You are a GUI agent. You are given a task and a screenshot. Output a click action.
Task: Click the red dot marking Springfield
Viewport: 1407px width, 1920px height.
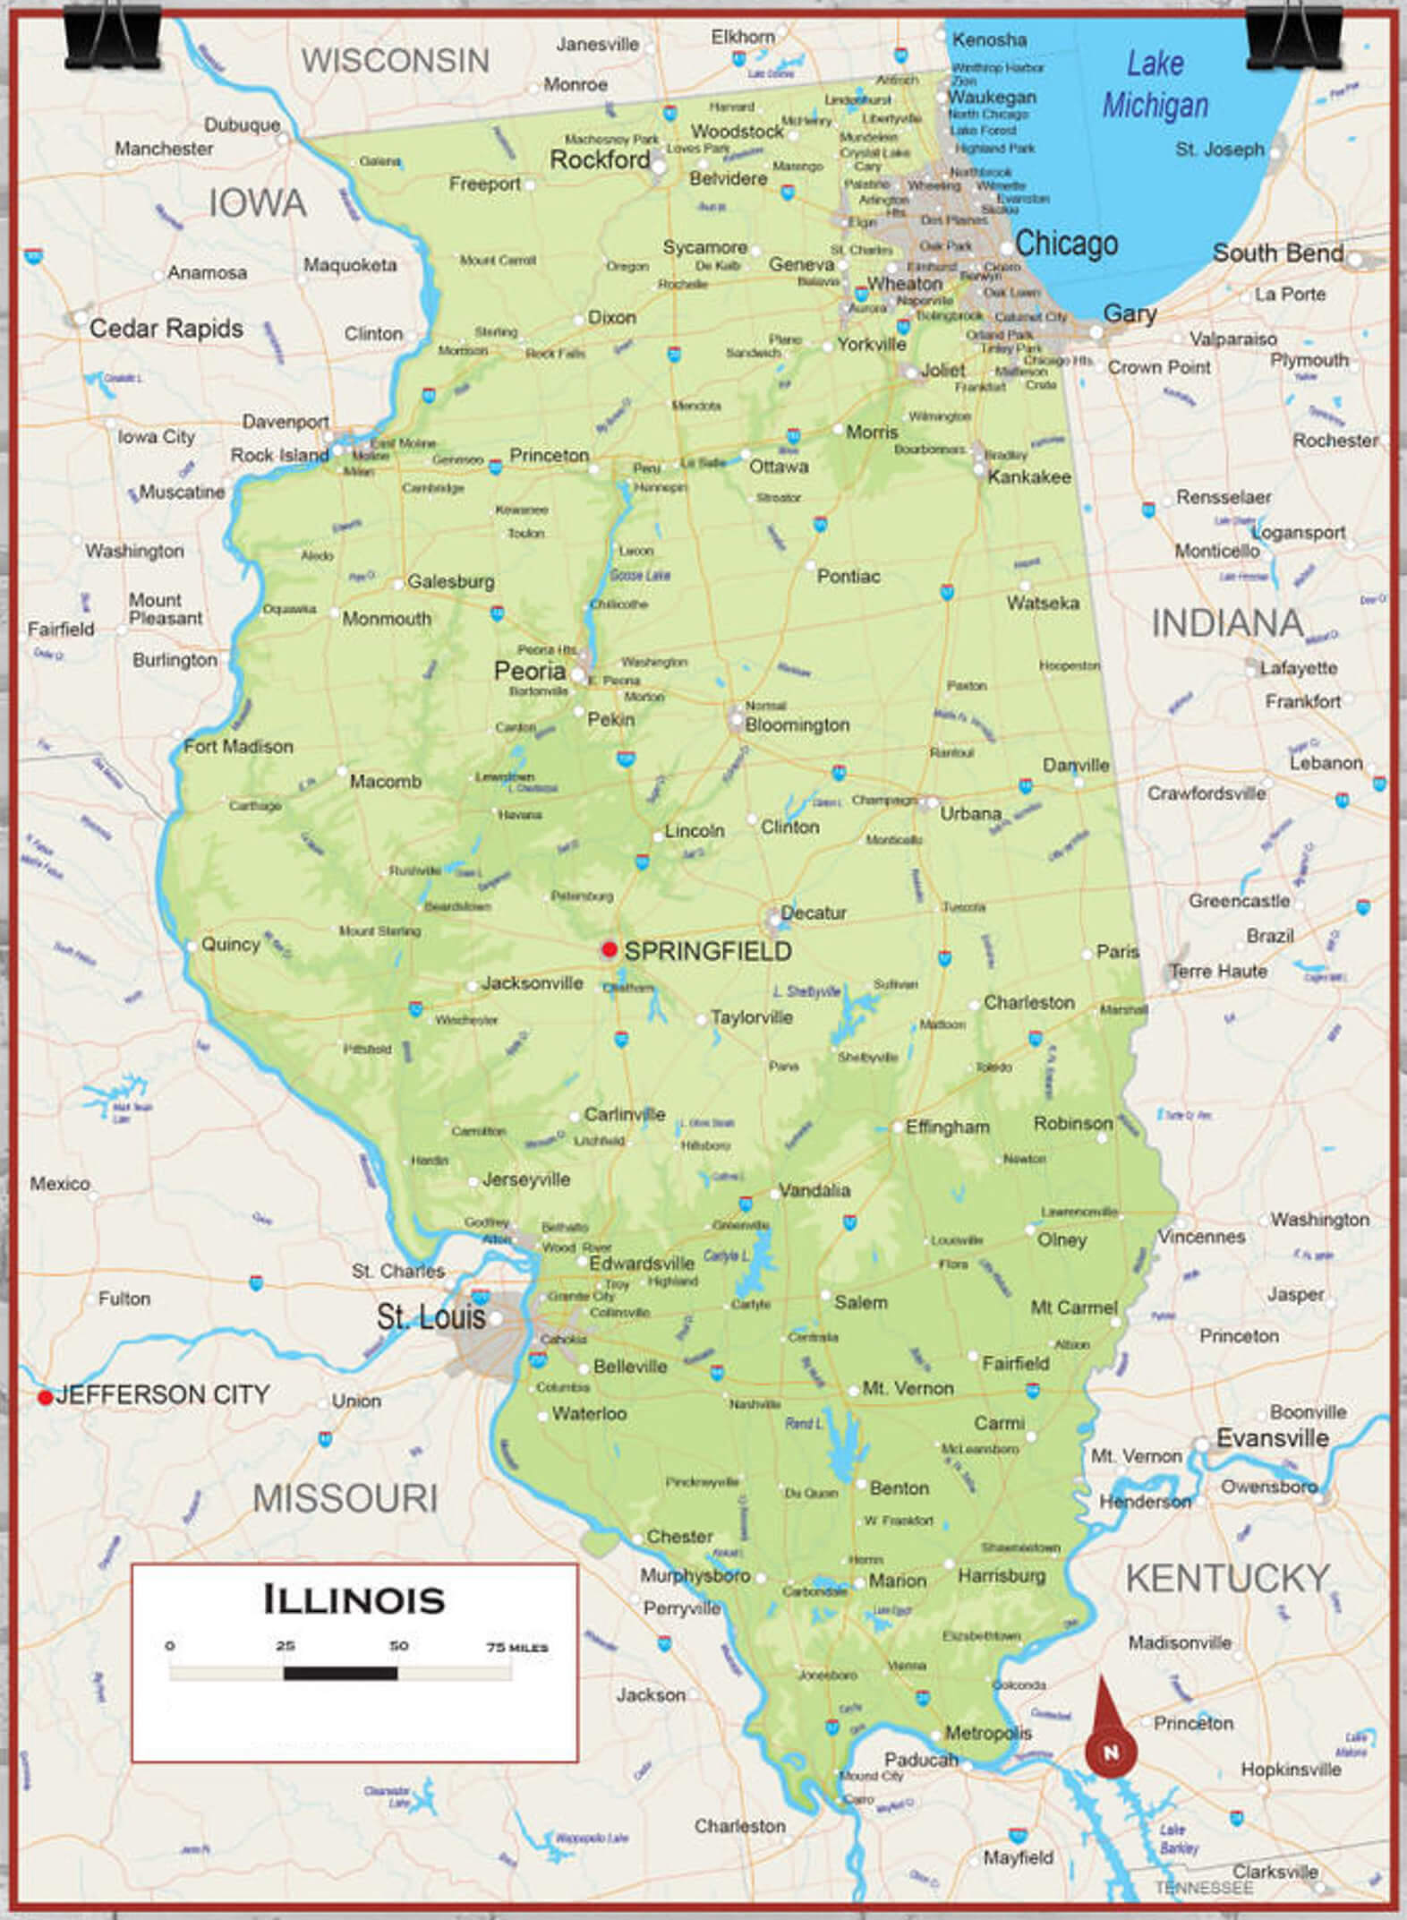pyautogui.click(x=610, y=949)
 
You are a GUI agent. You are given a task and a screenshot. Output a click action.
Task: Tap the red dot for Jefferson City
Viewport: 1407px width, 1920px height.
pyautogui.click(x=45, y=1398)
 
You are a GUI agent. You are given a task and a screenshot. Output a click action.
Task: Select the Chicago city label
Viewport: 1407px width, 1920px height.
pyautogui.click(x=1066, y=244)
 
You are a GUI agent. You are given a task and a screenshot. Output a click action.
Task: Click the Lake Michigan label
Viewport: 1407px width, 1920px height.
pyautogui.click(x=1155, y=85)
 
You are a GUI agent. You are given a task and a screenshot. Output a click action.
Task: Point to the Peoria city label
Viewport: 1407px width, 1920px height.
pyautogui.click(x=530, y=672)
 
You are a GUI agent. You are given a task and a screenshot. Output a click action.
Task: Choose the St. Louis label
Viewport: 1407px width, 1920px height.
pyautogui.click(x=431, y=1317)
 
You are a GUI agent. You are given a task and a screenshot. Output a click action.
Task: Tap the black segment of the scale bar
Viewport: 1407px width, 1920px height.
pyautogui.click(x=340, y=1673)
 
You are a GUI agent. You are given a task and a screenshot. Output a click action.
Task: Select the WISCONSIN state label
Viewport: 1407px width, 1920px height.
pyautogui.click(x=395, y=61)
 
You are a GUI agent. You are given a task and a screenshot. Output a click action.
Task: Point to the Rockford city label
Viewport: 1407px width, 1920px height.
pyautogui.click(x=600, y=160)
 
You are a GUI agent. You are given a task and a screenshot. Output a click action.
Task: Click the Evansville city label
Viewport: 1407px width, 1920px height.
pyautogui.click(x=1272, y=1438)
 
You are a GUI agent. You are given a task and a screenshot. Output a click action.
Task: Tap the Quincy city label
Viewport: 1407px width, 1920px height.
pyautogui.click(x=230, y=944)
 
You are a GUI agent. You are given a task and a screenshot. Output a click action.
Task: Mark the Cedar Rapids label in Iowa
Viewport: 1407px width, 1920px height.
pyautogui.click(x=166, y=329)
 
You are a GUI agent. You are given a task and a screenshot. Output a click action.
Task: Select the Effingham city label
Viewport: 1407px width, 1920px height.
pyautogui.click(x=947, y=1127)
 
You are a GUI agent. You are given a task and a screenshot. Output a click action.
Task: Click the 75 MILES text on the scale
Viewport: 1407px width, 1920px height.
pyautogui.click(x=516, y=1647)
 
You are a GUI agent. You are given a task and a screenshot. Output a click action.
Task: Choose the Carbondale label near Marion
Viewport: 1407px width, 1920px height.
pyautogui.click(x=814, y=1591)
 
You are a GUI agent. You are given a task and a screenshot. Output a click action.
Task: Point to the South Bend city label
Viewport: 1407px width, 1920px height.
pyautogui.click(x=1277, y=253)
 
